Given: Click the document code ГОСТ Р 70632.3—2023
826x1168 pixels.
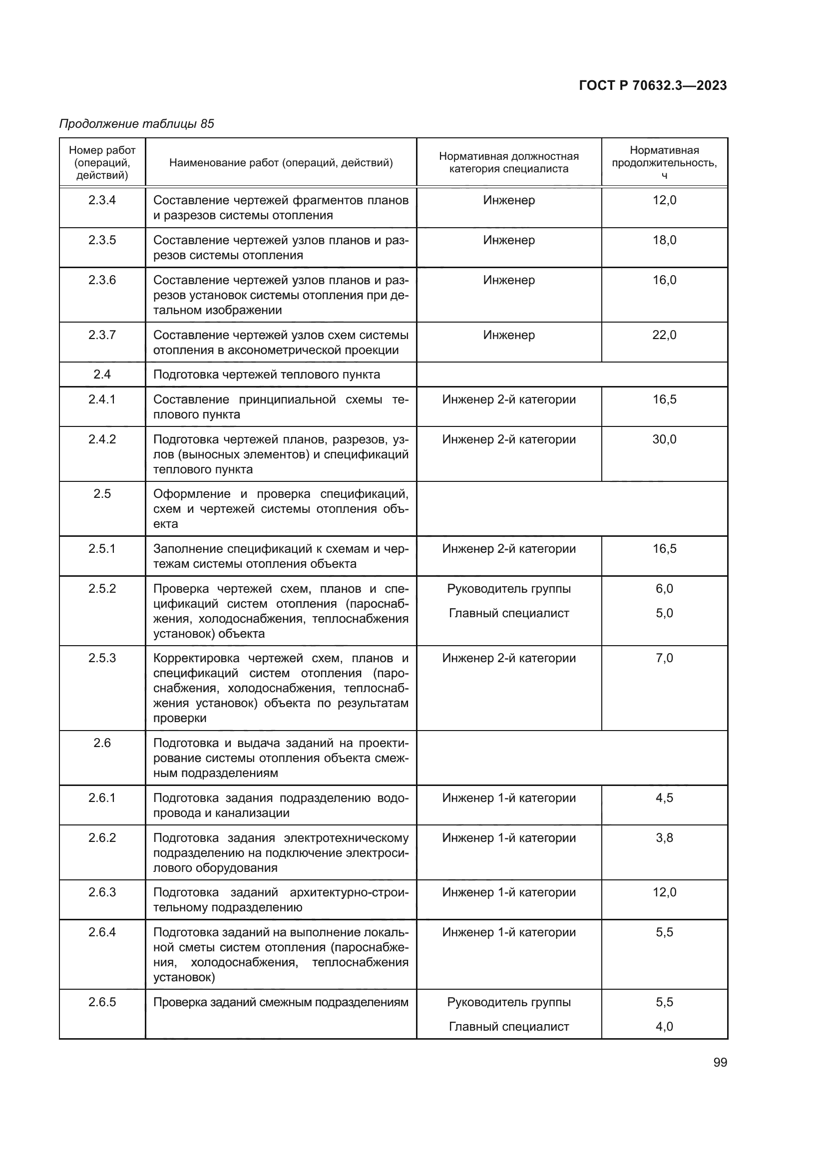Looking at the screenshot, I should [x=653, y=85].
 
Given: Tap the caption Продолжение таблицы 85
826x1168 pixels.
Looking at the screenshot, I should [x=136, y=124].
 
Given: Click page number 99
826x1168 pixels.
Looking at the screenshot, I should [x=720, y=1062].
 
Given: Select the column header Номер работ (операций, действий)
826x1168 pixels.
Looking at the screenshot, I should [x=102, y=163].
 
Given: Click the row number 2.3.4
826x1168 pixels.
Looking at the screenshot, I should [x=102, y=200].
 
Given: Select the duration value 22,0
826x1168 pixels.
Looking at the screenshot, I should [x=664, y=335].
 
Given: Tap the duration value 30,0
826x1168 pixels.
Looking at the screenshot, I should [x=664, y=439].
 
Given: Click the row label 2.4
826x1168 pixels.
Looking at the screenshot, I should [x=102, y=375].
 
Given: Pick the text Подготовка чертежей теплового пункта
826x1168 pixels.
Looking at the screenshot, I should [x=267, y=375].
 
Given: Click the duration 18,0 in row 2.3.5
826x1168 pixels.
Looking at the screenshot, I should [x=664, y=240].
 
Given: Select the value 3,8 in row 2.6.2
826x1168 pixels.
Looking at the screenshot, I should [x=664, y=838].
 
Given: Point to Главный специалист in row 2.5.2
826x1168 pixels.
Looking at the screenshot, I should [x=508, y=614].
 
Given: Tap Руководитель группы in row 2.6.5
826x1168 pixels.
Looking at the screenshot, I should [x=508, y=1002].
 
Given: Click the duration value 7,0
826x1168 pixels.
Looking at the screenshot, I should [x=664, y=658].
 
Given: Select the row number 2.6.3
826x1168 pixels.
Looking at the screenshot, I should [x=102, y=892].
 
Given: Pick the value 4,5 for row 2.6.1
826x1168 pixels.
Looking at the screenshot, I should [x=664, y=797].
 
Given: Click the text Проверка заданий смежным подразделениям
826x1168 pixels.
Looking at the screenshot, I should [x=281, y=1002].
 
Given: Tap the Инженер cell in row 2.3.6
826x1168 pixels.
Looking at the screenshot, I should [x=508, y=280].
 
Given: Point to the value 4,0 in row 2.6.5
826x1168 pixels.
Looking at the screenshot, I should [x=664, y=1027].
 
